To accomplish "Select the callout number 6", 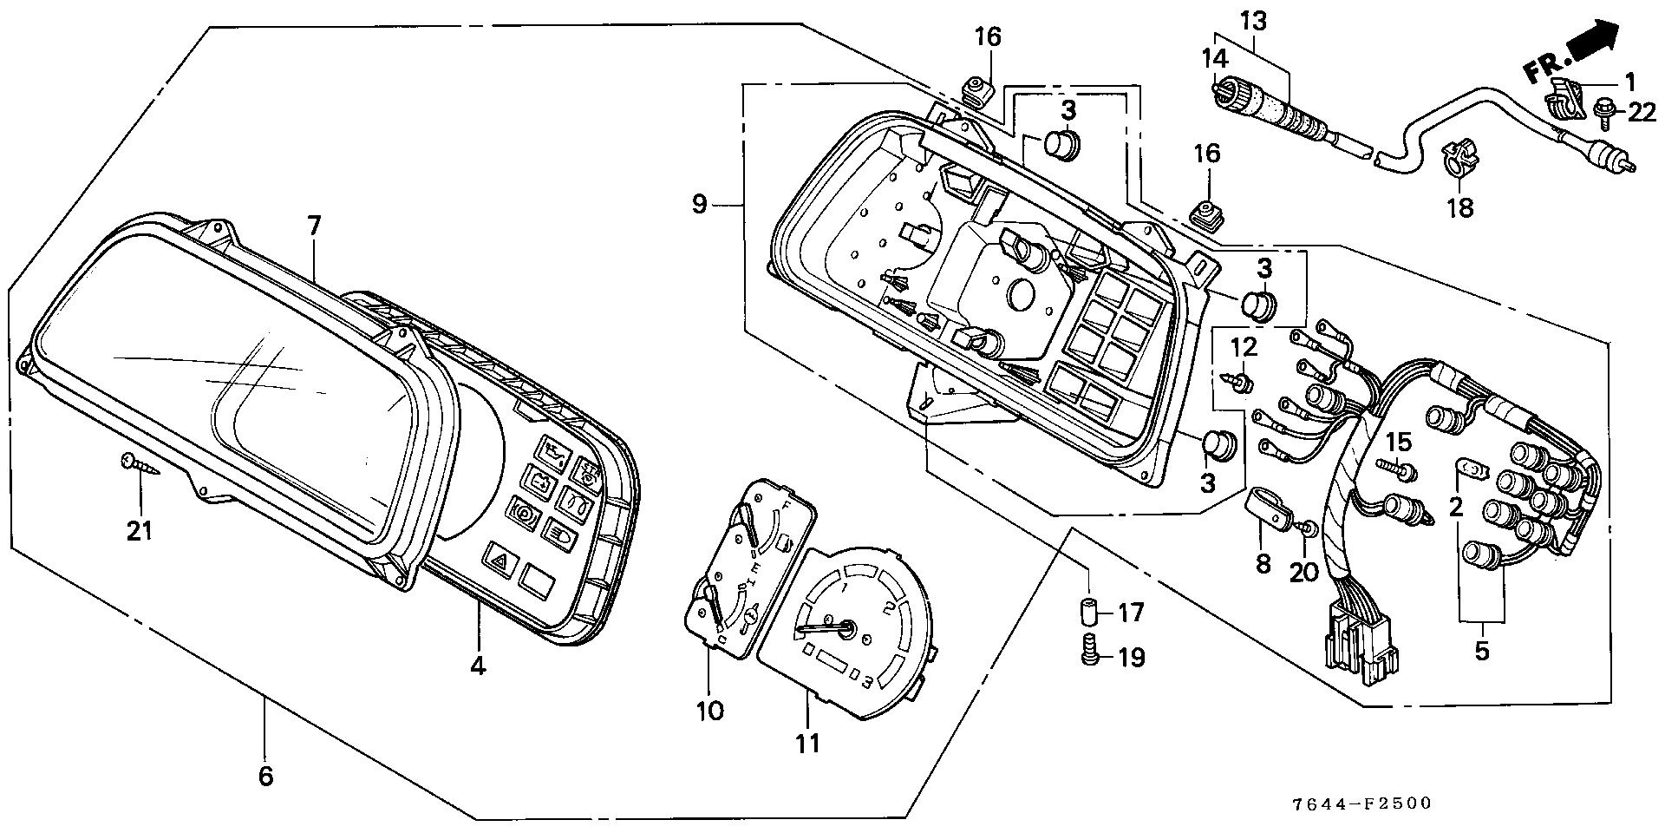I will [265, 775].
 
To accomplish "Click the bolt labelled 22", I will [1601, 111].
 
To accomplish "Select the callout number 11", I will [807, 743].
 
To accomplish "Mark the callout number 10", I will [709, 711].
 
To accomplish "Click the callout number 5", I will [1481, 650].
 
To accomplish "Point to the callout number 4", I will [479, 666].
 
